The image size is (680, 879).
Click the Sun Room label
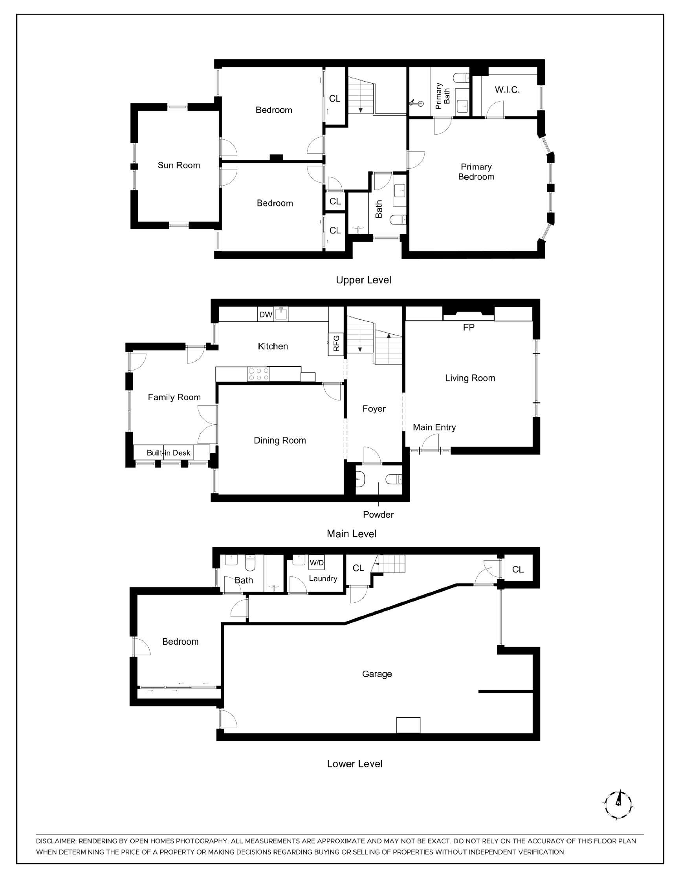178,165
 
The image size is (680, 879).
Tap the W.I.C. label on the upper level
507,90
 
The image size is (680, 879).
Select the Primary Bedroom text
476,172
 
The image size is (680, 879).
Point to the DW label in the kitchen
266,314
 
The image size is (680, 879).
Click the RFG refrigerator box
336,343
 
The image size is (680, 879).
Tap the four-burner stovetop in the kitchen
258,374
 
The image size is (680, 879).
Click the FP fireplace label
469,328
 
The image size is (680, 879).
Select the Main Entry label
434,427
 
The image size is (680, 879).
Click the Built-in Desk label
169,453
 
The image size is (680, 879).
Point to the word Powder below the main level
378,514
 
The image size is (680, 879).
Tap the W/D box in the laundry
317,563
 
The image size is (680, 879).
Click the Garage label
377,674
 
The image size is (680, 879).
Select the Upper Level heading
363,280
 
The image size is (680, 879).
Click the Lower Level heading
354,764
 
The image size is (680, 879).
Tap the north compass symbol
618,805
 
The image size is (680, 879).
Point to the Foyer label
374,409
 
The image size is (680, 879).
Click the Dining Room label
280,440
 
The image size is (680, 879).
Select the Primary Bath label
443,96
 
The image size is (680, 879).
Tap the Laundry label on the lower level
323,578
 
